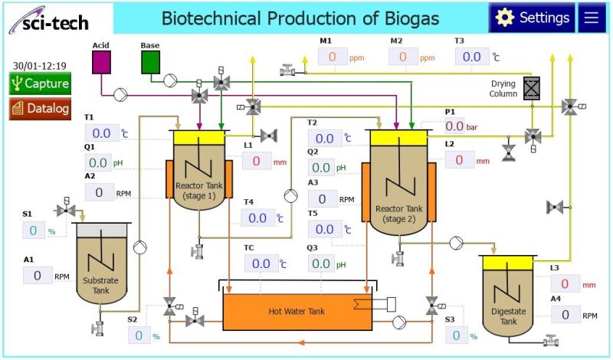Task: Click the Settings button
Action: pos(533,18)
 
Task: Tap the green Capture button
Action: pos(40,83)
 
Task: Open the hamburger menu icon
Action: pos(591,18)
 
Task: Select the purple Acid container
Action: pos(101,62)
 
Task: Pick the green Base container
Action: pos(150,62)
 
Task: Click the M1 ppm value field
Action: pos(333,57)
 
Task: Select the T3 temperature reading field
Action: pos(471,57)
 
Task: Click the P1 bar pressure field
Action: pos(454,126)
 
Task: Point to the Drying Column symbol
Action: pos(531,89)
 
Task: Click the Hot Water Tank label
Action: pos(297,311)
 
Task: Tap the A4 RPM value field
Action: pos(565,314)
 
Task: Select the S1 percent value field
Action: pos(33,231)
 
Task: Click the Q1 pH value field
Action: pos(97,162)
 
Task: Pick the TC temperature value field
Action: pos(261,263)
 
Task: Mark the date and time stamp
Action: pos(39,66)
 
